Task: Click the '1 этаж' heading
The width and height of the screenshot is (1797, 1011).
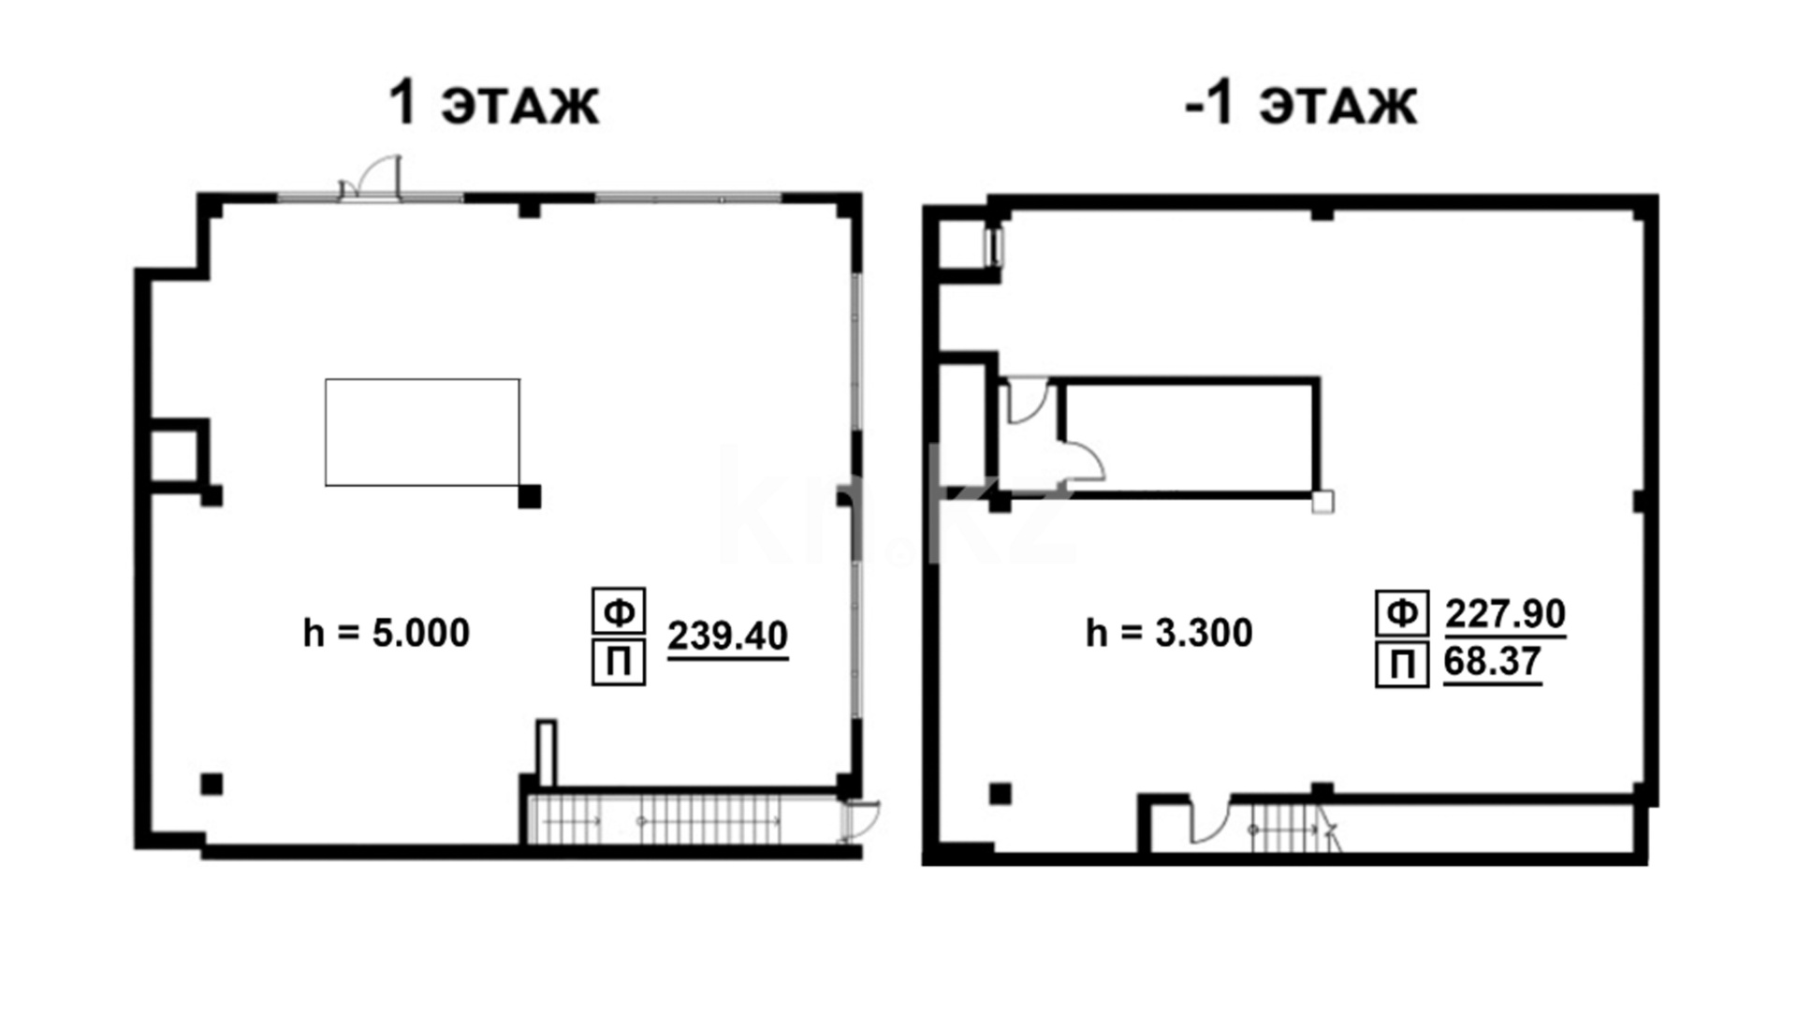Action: pyautogui.click(x=493, y=103)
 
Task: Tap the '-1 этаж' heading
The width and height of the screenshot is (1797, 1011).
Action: pyautogui.click(x=1301, y=103)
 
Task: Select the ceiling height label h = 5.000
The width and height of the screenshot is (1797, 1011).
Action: pyautogui.click(x=387, y=633)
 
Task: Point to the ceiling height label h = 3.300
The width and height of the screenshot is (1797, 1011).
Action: pyautogui.click(x=1169, y=633)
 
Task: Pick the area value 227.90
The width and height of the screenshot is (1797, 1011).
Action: pyautogui.click(x=1505, y=614)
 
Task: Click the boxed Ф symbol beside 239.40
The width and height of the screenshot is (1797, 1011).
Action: pyautogui.click(x=619, y=611)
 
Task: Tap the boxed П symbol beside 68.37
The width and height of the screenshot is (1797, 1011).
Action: pyautogui.click(x=1402, y=665)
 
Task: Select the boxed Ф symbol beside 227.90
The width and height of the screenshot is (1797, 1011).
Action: pyautogui.click(x=1402, y=613)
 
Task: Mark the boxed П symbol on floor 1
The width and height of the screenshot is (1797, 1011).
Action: pyautogui.click(x=619, y=662)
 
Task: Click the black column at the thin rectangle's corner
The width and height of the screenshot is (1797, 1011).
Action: pyautogui.click(x=530, y=496)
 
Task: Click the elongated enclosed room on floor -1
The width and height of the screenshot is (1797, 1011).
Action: pyautogui.click(x=1191, y=436)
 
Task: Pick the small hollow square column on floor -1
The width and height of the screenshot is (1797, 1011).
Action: pyautogui.click(x=1322, y=503)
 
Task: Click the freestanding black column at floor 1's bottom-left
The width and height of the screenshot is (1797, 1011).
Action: pyautogui.click(x=212, y=784)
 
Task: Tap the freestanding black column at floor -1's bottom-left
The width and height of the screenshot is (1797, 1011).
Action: pyautogui.click(x=1001, y=794)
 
